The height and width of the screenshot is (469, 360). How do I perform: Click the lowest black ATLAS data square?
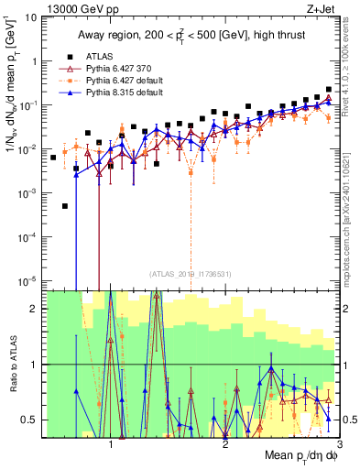point(65,206)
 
